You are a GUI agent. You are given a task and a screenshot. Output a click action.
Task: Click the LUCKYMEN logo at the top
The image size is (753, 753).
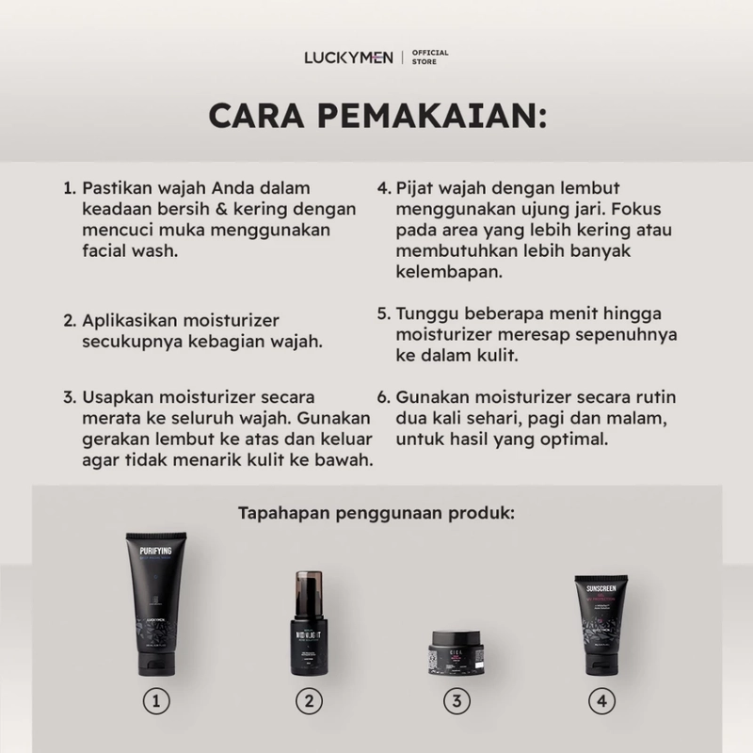point(348,57)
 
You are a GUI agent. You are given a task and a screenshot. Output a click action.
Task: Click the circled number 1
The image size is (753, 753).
point(157,700)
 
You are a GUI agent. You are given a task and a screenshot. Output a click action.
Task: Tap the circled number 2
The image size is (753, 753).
point(308,700)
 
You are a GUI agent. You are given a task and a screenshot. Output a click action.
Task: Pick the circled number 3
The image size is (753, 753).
point(456,700)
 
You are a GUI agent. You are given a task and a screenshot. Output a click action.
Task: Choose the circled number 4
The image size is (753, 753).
point(602,700)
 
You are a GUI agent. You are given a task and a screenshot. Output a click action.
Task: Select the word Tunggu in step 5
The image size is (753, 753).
point(426,314)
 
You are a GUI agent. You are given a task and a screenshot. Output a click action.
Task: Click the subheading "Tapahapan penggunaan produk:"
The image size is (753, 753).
point(376,514)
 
